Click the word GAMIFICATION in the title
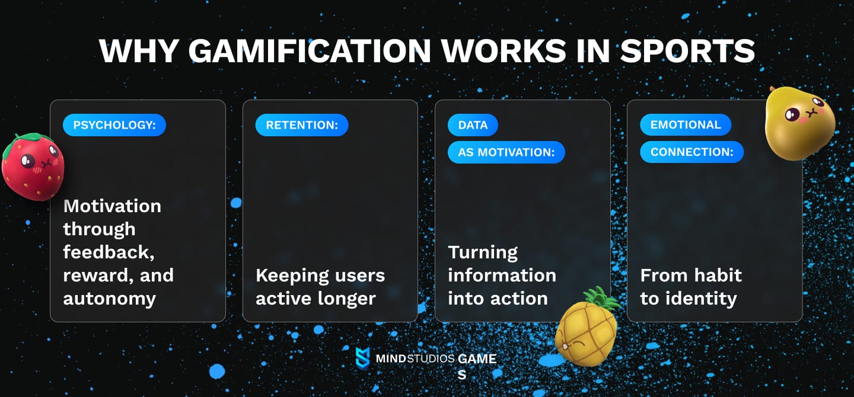pyautogui.click(x=308, y=51)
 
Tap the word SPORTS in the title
pyautogui.click(x=687, y=51)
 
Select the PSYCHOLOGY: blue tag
pyautogui.click(x=114, y=125)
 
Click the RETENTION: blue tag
pyautogui.click(x=302, y=125)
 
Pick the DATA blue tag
pyautogui.click(x=473, y=125)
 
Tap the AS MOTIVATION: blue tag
pyautogui.click(x=506, y=152)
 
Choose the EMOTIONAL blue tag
pyautogui.click(x=685, y=125)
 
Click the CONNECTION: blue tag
pyautogui.click(x=692, y=152)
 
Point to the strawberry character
pyautogui.click(x=33, y=168)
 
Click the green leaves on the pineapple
pyautogui.click(x=599, y=300)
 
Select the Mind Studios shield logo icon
pyautogui.click(x=362, y=358)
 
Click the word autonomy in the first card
pyautogui.click(x=109, y=298)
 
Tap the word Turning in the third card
pyautogui.click(x=483, y=252)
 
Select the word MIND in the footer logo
pyautogui.click(x=390, y=359)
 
